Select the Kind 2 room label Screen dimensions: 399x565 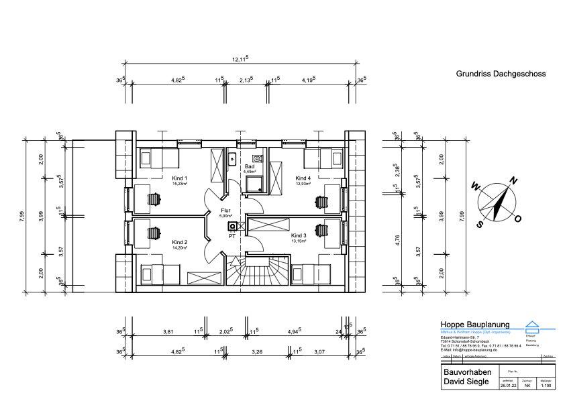pos(179,242)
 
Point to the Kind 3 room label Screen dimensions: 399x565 pos(299,236)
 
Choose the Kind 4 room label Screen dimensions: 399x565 pos(303,178)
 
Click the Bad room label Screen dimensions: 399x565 pos(250,166)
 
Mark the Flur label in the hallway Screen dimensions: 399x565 pos(225,211)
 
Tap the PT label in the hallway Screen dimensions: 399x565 pos(232,236)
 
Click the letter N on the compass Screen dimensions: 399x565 pos(513,180)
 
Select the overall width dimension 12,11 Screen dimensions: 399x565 pos(240,60)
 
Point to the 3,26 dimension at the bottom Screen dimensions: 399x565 pos(257,351)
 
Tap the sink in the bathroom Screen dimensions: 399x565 pos(230,159)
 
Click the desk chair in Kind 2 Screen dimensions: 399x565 pos(154,232)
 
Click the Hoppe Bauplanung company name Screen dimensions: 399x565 pos(474,325)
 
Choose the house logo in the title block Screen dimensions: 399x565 pos(532,326)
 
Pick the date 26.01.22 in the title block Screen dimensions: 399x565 pos(509,386)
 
